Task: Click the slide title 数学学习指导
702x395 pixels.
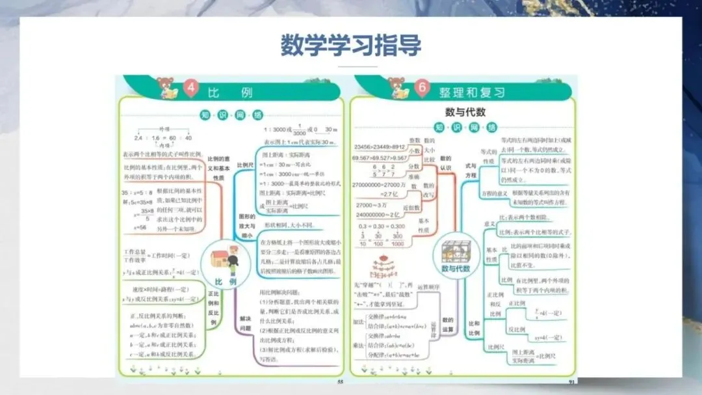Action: (350, 46)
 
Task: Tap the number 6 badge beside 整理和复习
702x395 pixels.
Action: (422, 89)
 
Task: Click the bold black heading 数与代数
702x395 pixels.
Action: (465, 112)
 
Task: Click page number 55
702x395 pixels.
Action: (339, 381)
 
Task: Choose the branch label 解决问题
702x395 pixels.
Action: (245, 323)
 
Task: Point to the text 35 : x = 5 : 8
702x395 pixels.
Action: (136, 193)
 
